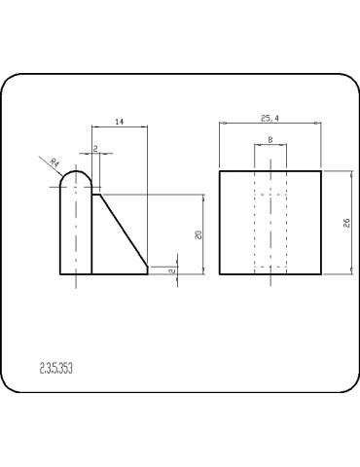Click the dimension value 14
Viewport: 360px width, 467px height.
119,121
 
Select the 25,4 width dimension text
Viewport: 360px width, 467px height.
270,118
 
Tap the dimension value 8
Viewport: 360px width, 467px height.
270,140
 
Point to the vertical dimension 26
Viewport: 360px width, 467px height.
346,223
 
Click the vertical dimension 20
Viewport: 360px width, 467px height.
198,234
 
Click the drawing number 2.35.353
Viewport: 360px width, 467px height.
56,369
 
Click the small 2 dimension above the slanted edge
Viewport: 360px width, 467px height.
94,148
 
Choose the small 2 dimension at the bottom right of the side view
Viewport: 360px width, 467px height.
171,270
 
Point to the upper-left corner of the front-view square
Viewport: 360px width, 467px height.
220,171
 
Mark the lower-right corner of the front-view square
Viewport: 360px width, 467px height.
322,275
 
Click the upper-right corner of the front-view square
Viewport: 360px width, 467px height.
322,171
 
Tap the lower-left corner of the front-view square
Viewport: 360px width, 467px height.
220,275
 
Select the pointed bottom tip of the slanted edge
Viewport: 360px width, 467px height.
147,273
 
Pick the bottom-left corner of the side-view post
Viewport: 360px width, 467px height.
62,275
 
